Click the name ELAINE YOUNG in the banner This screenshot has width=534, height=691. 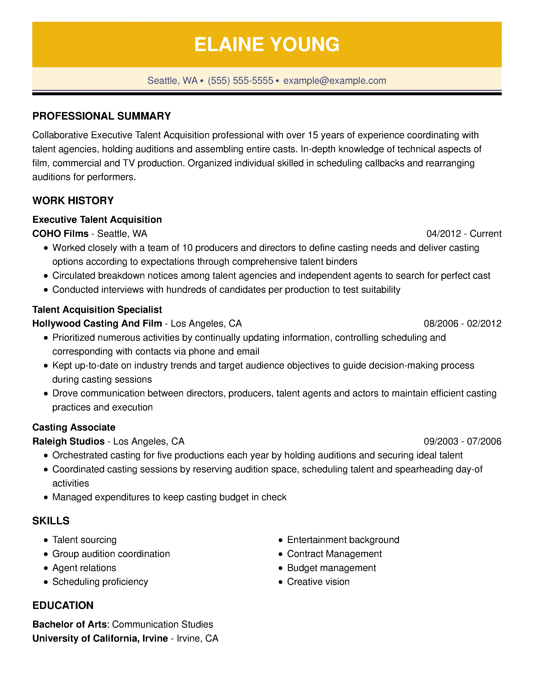tap(266, 44)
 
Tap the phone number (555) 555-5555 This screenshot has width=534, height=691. tap(240, 81)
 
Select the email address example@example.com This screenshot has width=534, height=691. tap(334, 81)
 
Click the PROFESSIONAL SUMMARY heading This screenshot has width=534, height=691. tap(102, 116)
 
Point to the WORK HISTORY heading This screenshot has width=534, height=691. tap(73, 201)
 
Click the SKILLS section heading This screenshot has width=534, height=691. tap(51, 521)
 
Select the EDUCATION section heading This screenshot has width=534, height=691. tap(63, 605)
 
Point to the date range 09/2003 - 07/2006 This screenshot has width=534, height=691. tap(463, 441)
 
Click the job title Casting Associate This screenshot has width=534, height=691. tap(74, 427)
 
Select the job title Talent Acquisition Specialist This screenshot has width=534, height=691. tap(97, 309)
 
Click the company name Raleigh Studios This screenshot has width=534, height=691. tap(68, 441)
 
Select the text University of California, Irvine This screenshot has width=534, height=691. tap(100, 638)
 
